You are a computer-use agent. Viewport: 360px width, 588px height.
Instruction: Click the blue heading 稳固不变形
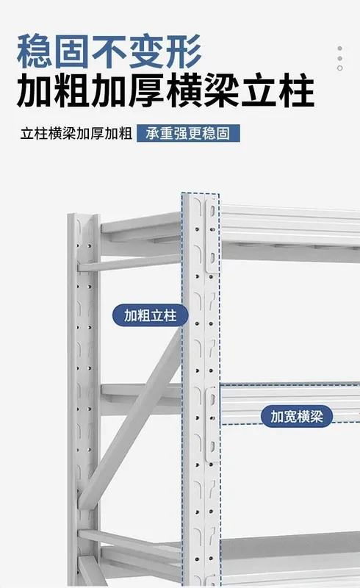109,51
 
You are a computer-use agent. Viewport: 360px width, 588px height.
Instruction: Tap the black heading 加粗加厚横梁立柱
165,90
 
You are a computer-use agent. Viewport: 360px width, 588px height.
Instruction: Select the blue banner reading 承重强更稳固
188,133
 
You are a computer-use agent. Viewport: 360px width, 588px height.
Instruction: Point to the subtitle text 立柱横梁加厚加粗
76,134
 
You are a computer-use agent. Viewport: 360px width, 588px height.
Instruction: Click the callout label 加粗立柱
150,315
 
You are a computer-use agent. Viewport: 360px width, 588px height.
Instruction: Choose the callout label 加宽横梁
296,416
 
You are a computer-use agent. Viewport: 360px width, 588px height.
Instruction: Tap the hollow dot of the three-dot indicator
339,68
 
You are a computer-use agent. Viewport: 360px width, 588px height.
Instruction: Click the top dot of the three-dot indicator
339,49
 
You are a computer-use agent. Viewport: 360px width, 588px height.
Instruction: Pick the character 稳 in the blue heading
35,51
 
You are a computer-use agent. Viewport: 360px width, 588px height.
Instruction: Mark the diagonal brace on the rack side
130,418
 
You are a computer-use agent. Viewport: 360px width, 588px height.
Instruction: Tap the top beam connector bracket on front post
212,235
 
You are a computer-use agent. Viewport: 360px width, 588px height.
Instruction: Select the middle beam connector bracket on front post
212,425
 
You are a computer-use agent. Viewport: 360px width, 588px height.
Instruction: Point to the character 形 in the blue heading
184,51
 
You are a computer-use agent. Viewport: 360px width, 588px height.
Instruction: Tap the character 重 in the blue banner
166,133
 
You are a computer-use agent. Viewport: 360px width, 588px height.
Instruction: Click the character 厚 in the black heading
147,90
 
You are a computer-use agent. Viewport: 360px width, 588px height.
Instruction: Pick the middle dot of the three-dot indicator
339,59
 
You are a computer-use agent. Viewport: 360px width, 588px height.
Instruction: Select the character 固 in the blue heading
72,51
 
